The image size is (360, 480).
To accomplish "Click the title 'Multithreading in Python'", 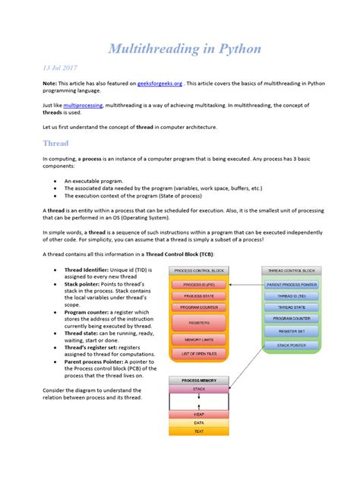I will pyautogui.click(x=185, y=49).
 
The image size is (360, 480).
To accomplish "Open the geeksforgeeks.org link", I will pyautogui.click(x=159, y=83).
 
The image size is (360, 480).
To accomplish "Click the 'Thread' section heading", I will pyautogui.click(x=57, y=143).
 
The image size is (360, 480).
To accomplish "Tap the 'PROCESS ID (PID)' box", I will pyautogui.click(x=200, y=284).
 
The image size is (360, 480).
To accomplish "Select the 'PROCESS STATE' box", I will pyautogui.click(x=200, y=295).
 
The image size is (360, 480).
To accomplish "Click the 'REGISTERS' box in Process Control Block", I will pyautogui.click(x=200, y=322).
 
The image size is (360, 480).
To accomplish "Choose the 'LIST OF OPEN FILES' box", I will pyautogui.click(x=200, y=354).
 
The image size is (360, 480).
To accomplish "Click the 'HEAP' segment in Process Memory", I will pyautogui.click(x=199, y=415).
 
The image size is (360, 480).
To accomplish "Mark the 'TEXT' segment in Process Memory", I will pyautogui.click(x=199, y=431).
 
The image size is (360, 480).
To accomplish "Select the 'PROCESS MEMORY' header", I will pyautogui.click(x=199, y=379).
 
